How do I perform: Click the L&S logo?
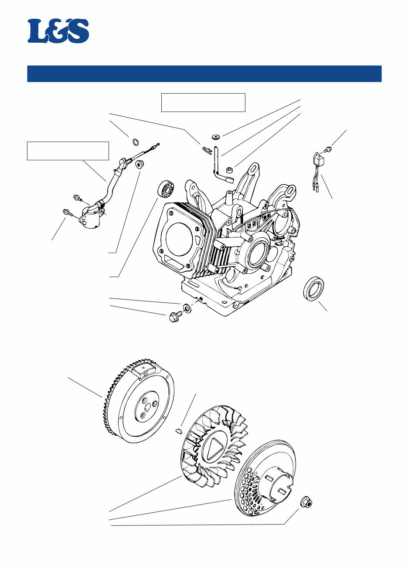(58, 31)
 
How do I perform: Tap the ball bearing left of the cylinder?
(166, 189)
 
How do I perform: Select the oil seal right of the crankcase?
(313, 288)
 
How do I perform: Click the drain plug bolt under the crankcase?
(174, 316)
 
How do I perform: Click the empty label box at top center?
(203, 102)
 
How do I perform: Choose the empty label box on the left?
(68, 151)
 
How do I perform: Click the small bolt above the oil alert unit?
(328, 149)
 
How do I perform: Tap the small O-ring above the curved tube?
(136, 141)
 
